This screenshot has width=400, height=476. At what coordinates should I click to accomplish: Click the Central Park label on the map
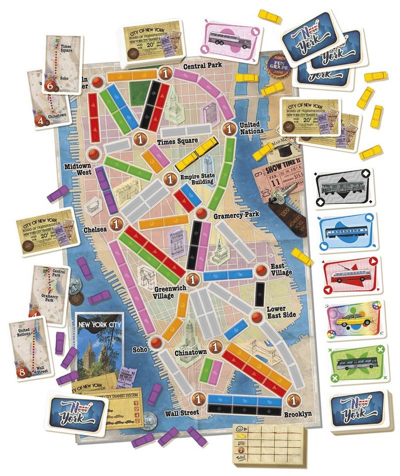202,65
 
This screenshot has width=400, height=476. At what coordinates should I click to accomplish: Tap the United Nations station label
253,129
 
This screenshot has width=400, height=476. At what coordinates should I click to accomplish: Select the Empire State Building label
195,180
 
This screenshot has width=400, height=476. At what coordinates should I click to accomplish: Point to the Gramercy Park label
233,215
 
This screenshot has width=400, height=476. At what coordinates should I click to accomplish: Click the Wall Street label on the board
182,413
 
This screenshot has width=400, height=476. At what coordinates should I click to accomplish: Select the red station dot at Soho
156,342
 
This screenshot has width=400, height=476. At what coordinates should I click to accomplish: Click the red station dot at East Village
261,270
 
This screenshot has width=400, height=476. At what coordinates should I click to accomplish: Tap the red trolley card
351,276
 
